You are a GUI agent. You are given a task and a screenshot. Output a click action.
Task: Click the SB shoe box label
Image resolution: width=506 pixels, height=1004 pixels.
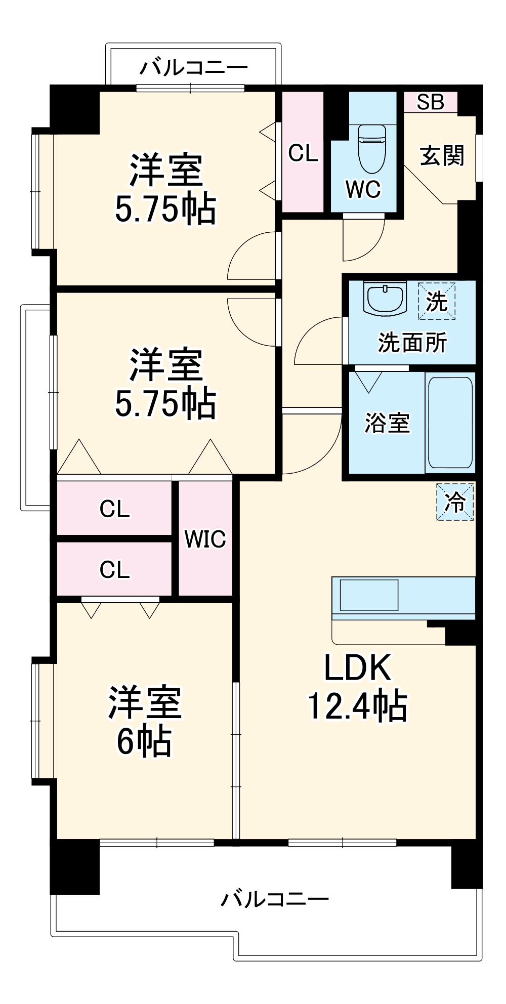pyautogui.click(x=430, y=102)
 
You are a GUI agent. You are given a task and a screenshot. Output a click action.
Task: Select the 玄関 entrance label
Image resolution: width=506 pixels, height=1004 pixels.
pyautogui.click(x=442, y=155)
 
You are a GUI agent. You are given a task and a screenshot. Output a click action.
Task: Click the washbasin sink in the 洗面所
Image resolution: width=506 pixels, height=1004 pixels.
pyautogui.click(x=385, y=299)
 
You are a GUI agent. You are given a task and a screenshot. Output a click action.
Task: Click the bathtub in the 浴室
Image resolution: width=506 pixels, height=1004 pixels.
pyautogui.click(x=450, y=423)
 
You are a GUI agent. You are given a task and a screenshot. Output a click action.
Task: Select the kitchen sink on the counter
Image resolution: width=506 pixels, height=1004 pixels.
pyautogui.click(x=369, y=595)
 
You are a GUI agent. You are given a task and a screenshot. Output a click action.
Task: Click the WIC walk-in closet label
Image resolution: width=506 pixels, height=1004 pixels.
pyautogui.click(x=205, y=539)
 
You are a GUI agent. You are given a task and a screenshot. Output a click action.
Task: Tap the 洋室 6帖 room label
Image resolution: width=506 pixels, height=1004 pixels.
pyautogui.click(x=144, y=722)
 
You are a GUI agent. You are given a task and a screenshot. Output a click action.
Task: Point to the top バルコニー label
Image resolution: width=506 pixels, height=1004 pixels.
pyautogui.click(x=194, y=67)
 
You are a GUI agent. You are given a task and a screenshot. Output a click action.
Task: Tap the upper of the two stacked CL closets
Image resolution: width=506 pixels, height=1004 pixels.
pyautogui.click(x=114, y=509)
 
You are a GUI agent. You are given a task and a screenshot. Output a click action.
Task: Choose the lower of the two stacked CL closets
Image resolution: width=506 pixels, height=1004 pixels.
pyautogui.click(x=114, y=569)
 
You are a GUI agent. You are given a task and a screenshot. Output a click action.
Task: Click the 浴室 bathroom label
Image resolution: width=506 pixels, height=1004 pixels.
pyautogui.click(x=387, y=423)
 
